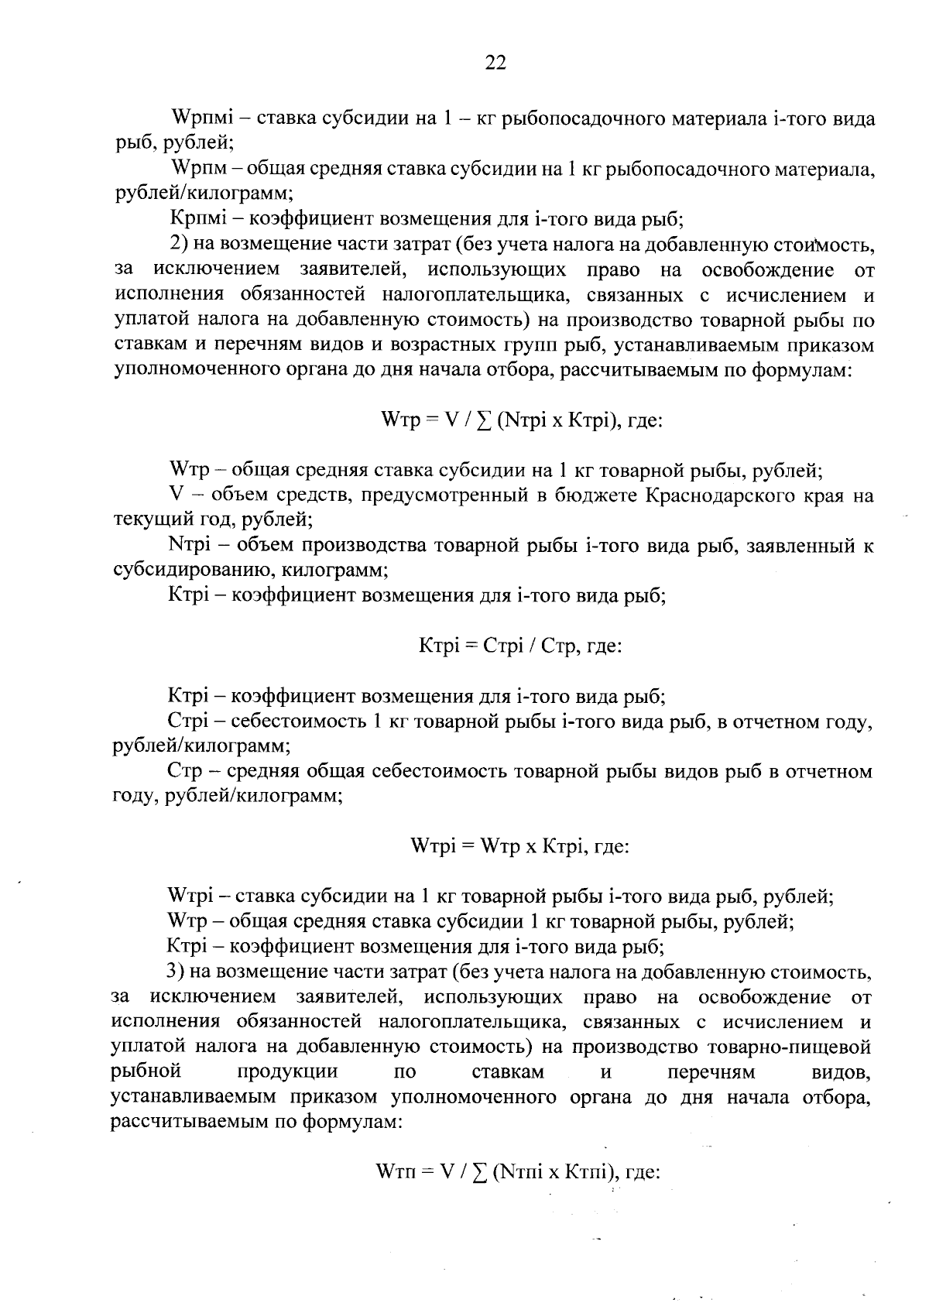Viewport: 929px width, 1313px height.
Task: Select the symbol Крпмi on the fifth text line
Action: coord(198,221)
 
